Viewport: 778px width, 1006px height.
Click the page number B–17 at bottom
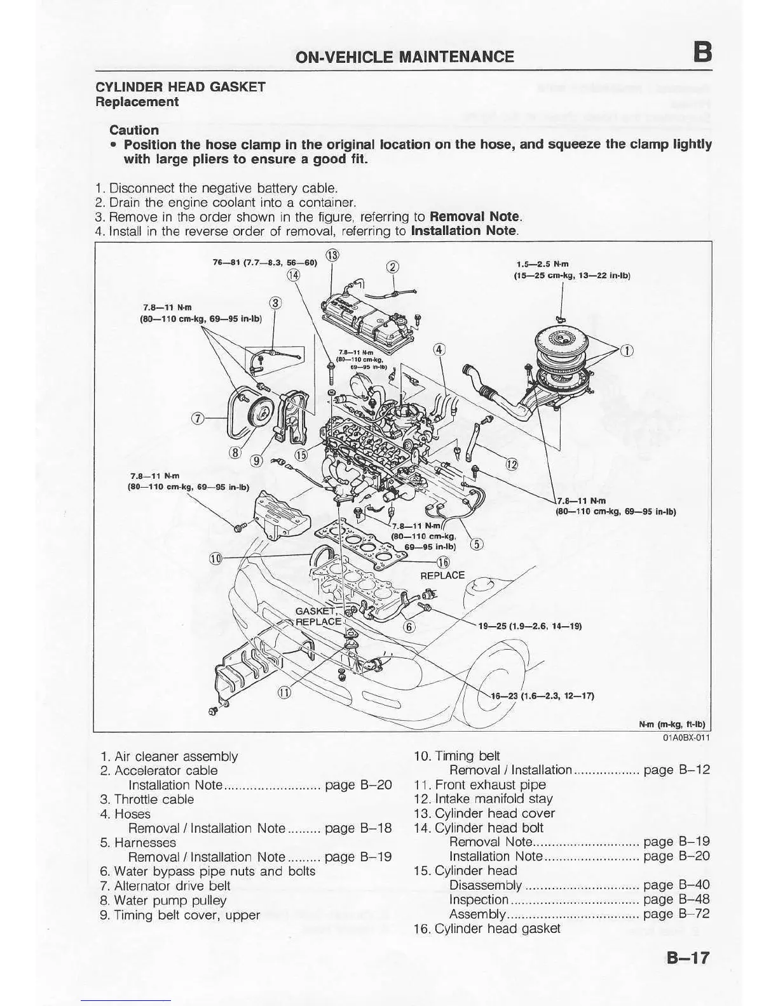click(x=688, y=958)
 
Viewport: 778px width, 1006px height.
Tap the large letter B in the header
click(x=702, y=52)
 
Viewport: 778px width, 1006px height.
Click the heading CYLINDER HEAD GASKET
click(x=181, y=87)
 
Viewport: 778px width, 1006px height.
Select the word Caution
click(x=134, y=130)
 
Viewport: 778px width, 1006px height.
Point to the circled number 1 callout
click(x=627, y=351)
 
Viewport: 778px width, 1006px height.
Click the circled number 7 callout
click(x=198, y=418)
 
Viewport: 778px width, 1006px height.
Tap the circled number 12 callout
click(x=512, y=464)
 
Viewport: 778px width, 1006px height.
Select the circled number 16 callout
click(x=443, y=561)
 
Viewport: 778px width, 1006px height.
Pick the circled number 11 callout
click(x=284, y=692)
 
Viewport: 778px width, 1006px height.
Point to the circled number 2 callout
click(x=393, y=267)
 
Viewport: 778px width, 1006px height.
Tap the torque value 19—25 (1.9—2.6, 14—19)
click(x=529, y=626)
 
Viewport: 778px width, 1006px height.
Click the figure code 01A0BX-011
click(x=686, y=738)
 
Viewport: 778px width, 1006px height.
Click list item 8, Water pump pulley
click(x=163, y=901)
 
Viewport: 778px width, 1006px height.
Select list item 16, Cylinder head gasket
click(x=487, y=929)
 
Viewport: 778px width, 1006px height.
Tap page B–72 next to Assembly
click(x=676, y=914)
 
